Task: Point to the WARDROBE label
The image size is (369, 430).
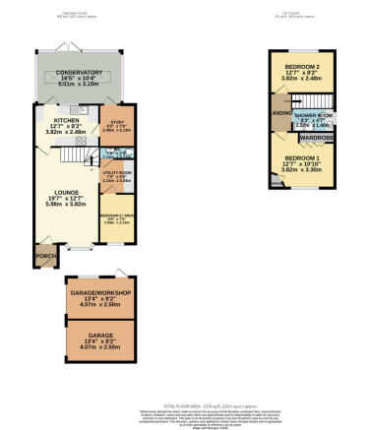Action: point(315,138)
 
